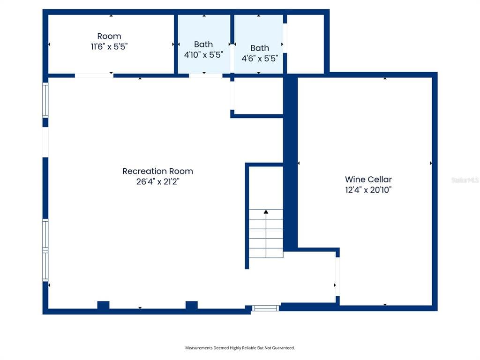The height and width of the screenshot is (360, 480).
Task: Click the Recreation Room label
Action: pos(157,171)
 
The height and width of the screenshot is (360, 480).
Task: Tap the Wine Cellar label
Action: pos(368,179)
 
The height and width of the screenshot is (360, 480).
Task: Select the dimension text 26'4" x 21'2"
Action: pos(157,182)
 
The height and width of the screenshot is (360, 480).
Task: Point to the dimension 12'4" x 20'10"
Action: pos(368,190)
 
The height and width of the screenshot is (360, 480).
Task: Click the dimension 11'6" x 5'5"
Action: pos(109,47)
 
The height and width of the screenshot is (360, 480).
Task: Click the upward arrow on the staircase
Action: pos(266,213)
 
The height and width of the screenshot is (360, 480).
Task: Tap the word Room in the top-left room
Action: pos(109,36)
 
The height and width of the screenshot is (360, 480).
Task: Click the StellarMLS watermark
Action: pos(465,180)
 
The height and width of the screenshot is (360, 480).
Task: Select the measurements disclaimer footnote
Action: pos(240,348)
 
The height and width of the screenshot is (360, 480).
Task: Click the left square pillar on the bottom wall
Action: pos(103,305)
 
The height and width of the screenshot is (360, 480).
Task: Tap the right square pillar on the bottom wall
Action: pos(191,305)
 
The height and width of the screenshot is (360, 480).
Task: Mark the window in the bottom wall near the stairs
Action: pos(266,308)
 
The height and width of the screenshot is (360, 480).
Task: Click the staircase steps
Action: pos(266,234)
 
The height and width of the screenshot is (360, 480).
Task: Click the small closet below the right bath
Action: pos(258,95)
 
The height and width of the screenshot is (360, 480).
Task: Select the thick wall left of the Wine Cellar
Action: pos(291,162)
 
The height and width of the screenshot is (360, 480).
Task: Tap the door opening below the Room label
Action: pos(94,75)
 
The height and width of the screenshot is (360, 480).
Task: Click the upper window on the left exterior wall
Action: pos(45,100)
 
